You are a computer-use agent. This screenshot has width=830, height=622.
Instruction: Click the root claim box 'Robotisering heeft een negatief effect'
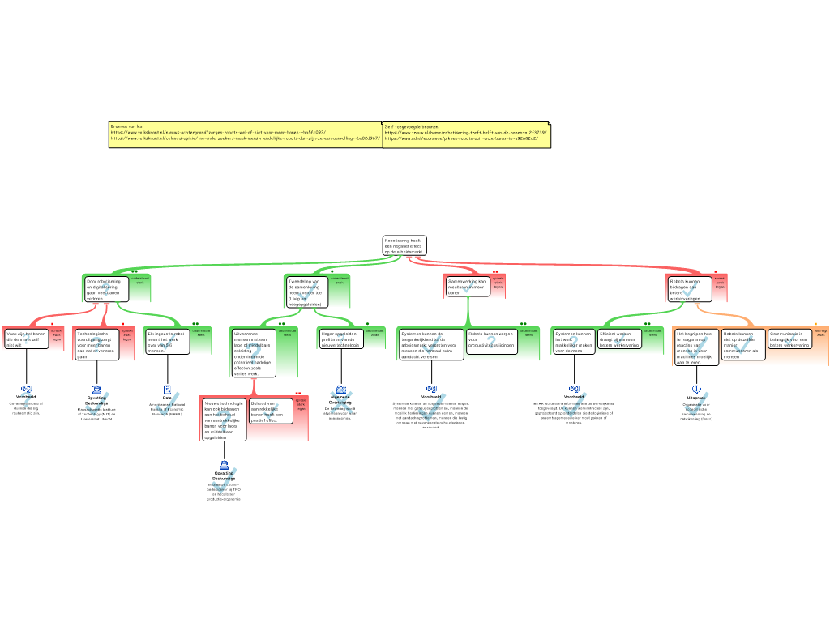pos(404,246)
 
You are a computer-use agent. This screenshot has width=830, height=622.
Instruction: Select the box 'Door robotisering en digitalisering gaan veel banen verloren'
pos(106,289)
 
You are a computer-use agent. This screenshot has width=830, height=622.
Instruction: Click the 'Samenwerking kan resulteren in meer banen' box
pos(468,286)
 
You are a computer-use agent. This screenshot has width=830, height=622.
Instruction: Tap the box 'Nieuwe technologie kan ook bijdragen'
pos(224,420)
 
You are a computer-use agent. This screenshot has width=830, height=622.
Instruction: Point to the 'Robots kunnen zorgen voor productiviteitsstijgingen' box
pos(492,339)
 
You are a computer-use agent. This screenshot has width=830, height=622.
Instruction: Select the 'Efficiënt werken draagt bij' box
pos(619,339)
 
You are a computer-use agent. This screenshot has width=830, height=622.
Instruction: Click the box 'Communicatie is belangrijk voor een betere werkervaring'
pos(789,339)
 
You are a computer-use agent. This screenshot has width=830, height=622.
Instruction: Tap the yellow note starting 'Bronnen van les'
pos(245,134)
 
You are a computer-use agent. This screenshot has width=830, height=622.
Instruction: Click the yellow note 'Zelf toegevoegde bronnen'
pos(466,134)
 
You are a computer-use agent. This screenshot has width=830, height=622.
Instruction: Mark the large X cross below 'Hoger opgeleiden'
pos(342,403)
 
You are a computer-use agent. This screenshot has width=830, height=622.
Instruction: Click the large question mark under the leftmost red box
pos(26,400)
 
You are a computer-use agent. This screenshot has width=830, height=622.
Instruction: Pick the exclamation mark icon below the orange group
pos(696,389)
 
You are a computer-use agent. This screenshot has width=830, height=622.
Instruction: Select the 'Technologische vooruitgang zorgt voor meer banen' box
pos(96,343)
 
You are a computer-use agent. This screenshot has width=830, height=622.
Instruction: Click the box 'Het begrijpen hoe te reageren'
pos(696,347)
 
